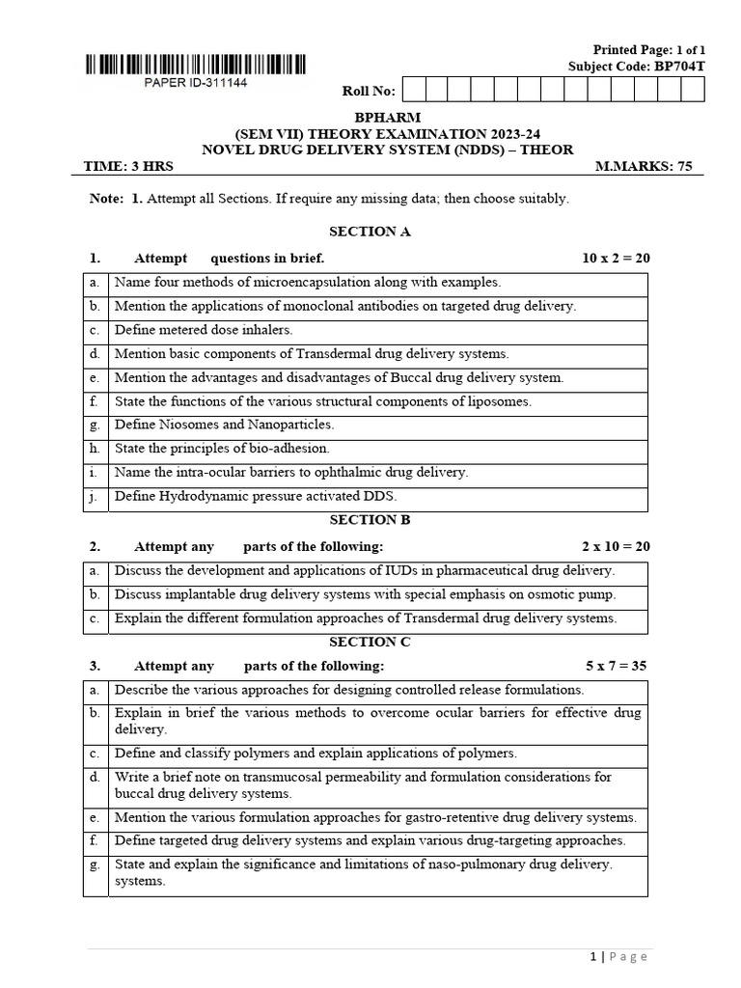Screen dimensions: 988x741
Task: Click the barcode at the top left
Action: click(x=196, y=66)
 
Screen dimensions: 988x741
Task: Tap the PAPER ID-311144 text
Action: click(x=196, y=83)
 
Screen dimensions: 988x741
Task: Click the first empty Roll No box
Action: click(x=412, y=91)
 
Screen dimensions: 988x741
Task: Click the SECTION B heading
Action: click(x=370, y=520)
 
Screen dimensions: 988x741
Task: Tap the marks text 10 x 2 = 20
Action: click(x=616, y=259)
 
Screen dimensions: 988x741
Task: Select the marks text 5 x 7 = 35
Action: click(x=617, y=666)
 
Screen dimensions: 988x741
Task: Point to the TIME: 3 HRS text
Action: click(x=129, y=166)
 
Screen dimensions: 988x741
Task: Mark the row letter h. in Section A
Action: click(x=95, y=450)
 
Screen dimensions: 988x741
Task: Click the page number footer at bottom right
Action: click(x=618, y=957)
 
